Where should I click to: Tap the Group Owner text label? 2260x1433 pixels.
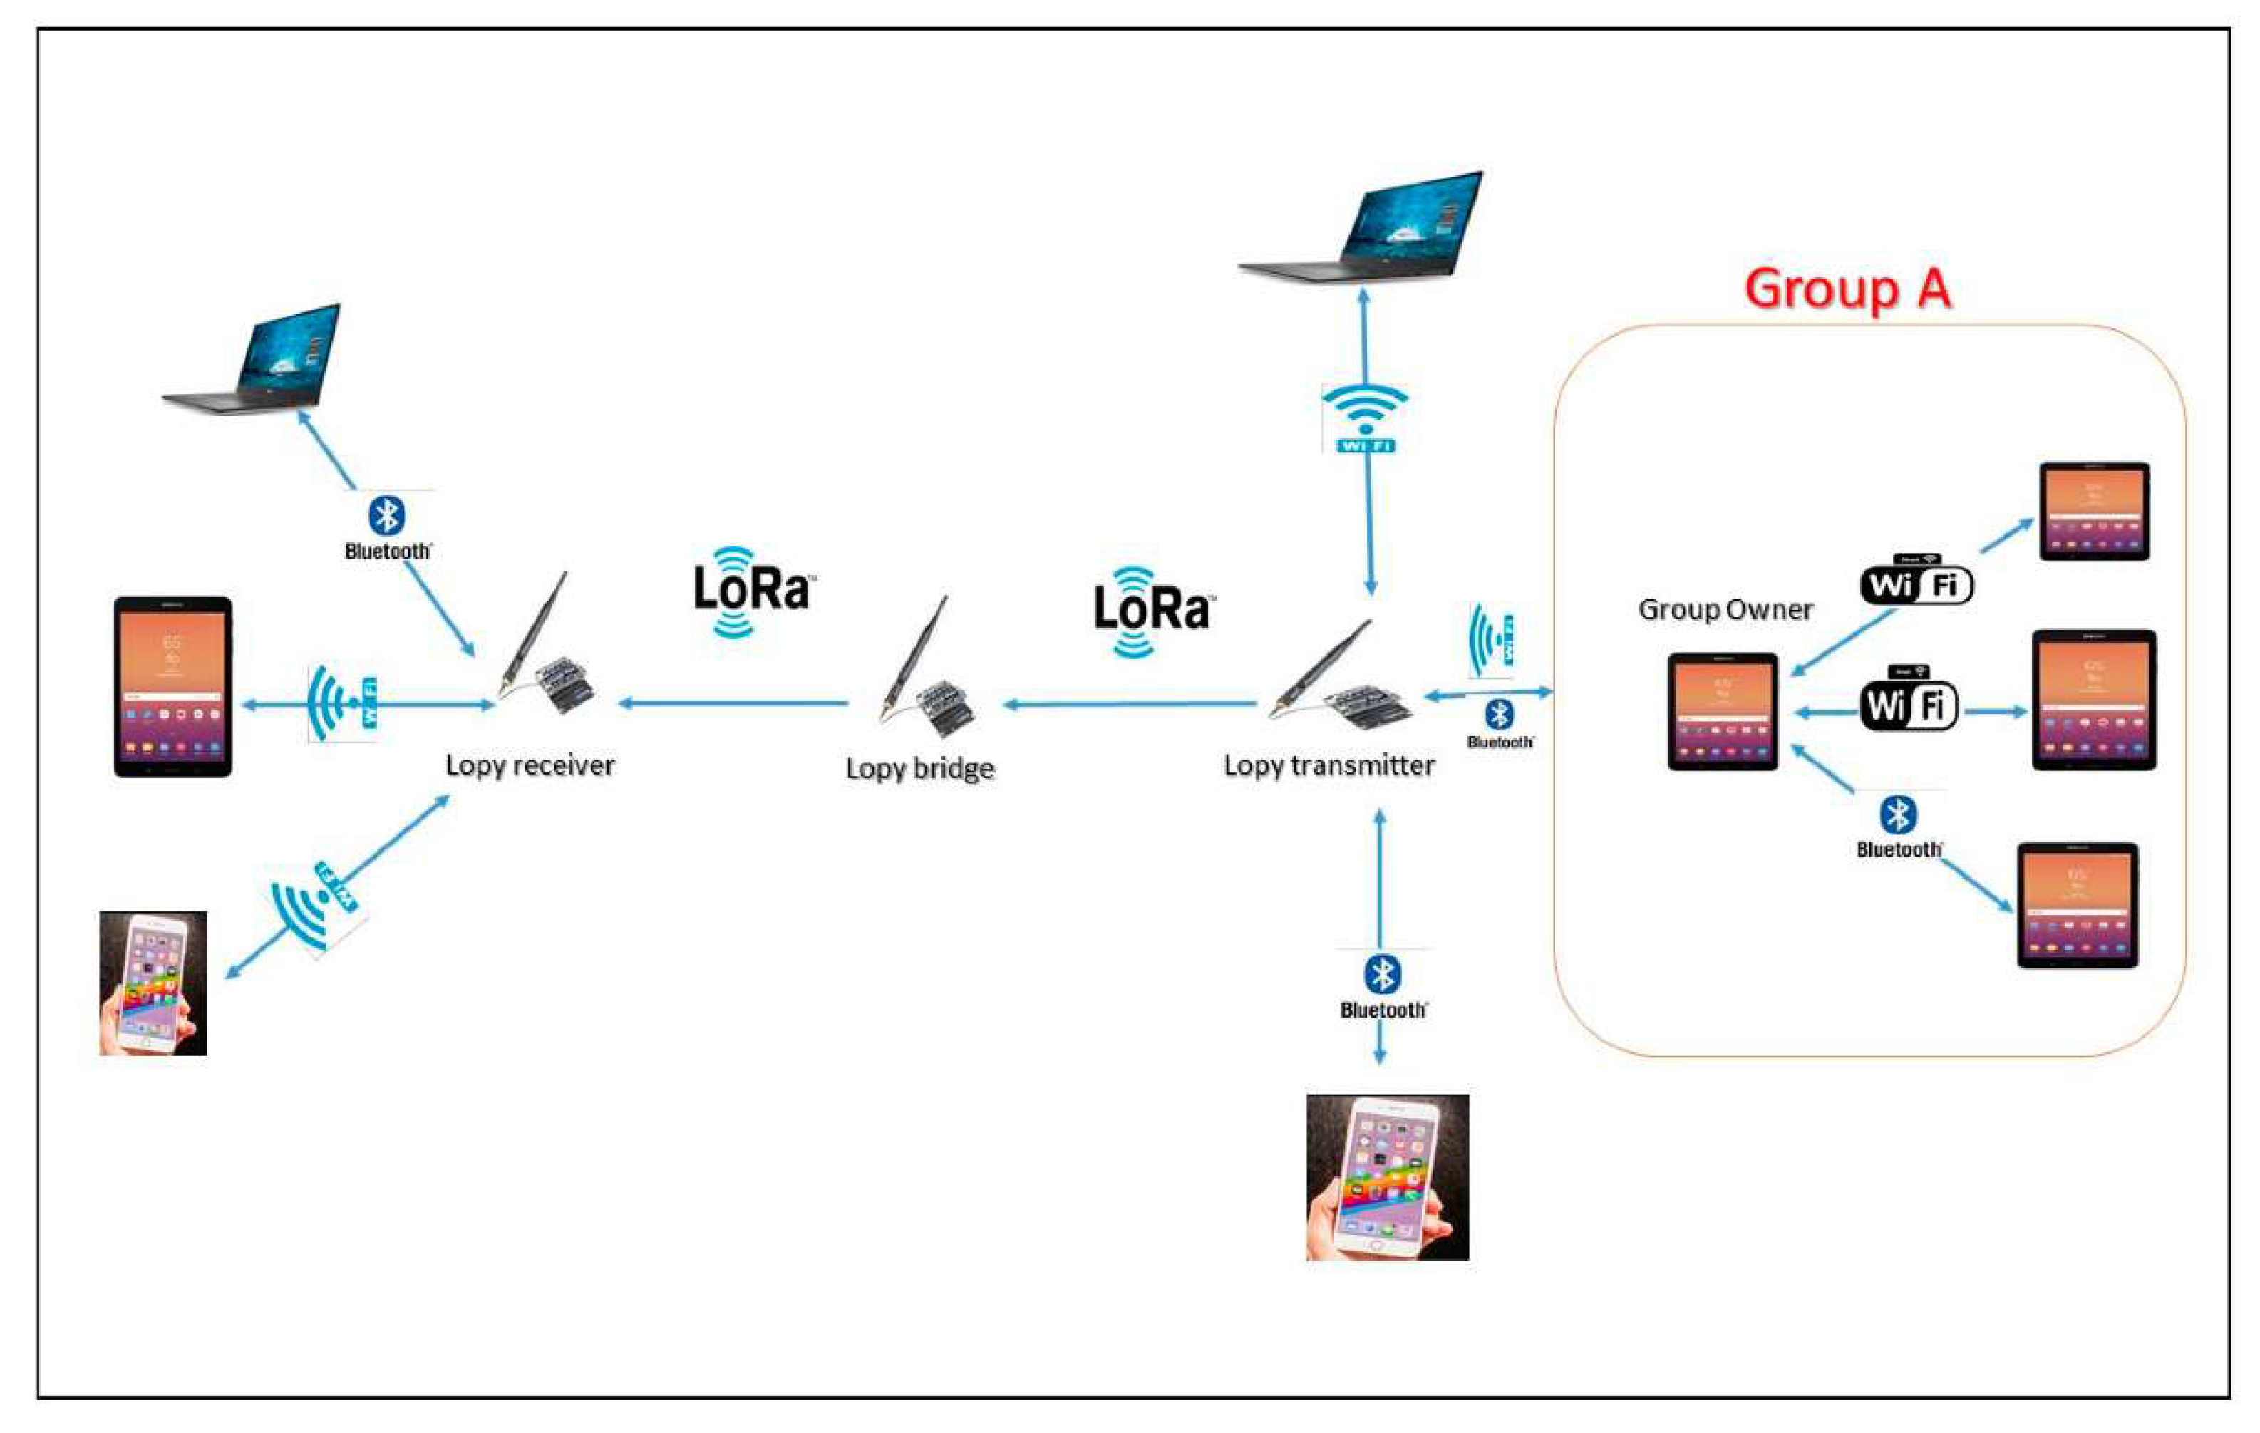click(1725, 610)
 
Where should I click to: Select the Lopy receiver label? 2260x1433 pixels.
click(530, 766)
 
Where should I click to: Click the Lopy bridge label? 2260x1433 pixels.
click(920, 769)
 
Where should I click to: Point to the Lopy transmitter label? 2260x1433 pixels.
click(1329, 766)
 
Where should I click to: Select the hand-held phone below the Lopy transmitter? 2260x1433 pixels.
click(1387, 1176)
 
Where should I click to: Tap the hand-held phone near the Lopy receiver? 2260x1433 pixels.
click(153, 983)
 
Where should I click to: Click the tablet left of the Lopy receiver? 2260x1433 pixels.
click(172, 687)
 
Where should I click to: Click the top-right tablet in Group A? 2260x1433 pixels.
click(2094, 512)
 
